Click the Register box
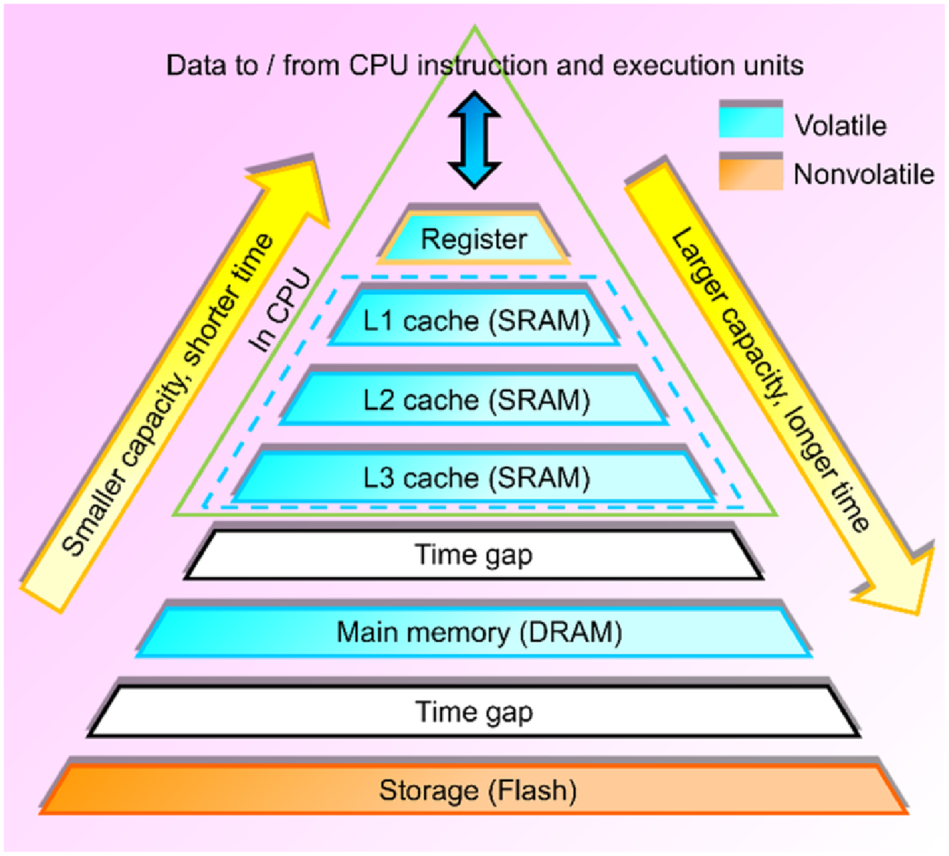pos(474,239)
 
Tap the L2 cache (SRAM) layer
pos(475,400)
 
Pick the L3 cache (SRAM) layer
pos(475,478)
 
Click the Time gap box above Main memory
pos(474,555)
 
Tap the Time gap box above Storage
pos(474,712)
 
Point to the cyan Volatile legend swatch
pos(751,121)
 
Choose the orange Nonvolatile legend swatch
pos(751,173)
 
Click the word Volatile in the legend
pos(840,126)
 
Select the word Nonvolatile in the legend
pos(863,174)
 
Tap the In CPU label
pos(280,311)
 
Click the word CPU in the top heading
pos(378,65)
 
